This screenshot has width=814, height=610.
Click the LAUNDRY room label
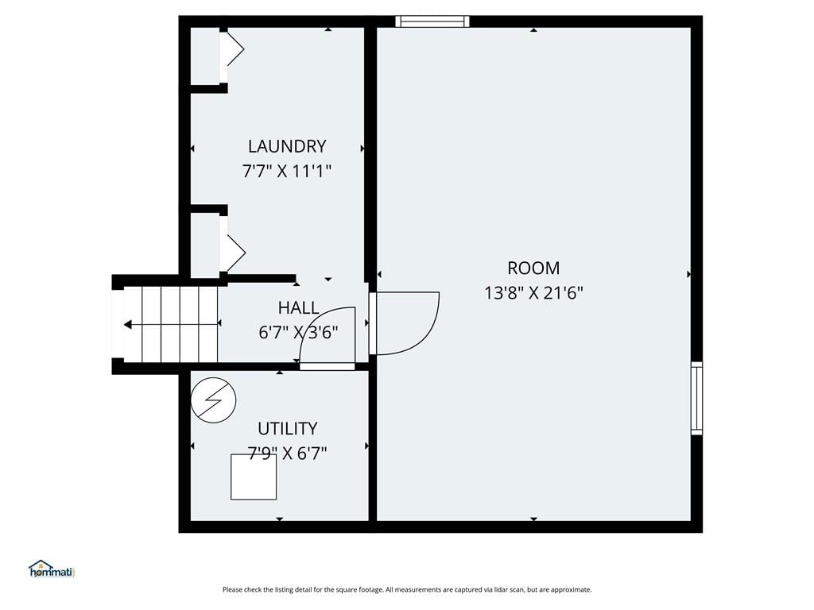click(287, 146)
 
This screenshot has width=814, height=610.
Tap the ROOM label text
click(533, 268)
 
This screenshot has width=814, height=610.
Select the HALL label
click(299, 307)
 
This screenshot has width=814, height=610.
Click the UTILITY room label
click(287, 428)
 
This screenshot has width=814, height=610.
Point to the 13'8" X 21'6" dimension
click(533, 293)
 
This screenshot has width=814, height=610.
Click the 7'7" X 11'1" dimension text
click(287, 171)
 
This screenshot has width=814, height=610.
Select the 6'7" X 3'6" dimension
click(299, 332)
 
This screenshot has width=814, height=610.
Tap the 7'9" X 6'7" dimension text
click(287, 454)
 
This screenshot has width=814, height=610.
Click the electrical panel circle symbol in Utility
click(213, 400)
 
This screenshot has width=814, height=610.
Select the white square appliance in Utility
click(254, 477)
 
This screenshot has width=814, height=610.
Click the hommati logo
click(52, 569)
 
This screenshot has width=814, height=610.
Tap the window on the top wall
click(432, 21)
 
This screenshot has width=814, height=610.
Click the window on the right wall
click(696, 398)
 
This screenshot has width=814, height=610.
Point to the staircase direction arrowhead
click(128, 325)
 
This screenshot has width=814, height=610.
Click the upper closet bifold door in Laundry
click(235, 49)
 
